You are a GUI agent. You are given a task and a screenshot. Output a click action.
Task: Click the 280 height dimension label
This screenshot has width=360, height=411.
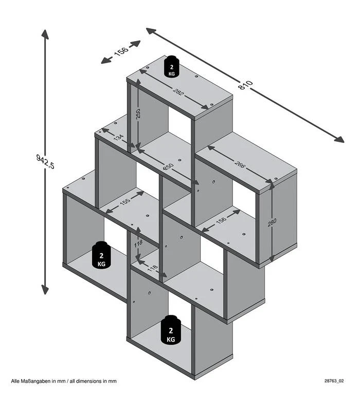click(273, 223)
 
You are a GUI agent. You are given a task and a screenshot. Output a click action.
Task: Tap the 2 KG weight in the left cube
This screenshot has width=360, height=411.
click(102, 255)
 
